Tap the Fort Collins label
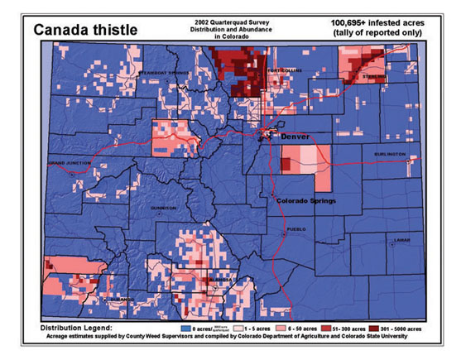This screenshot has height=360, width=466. coord(287,69)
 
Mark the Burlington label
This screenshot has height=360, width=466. coord(390,154)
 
